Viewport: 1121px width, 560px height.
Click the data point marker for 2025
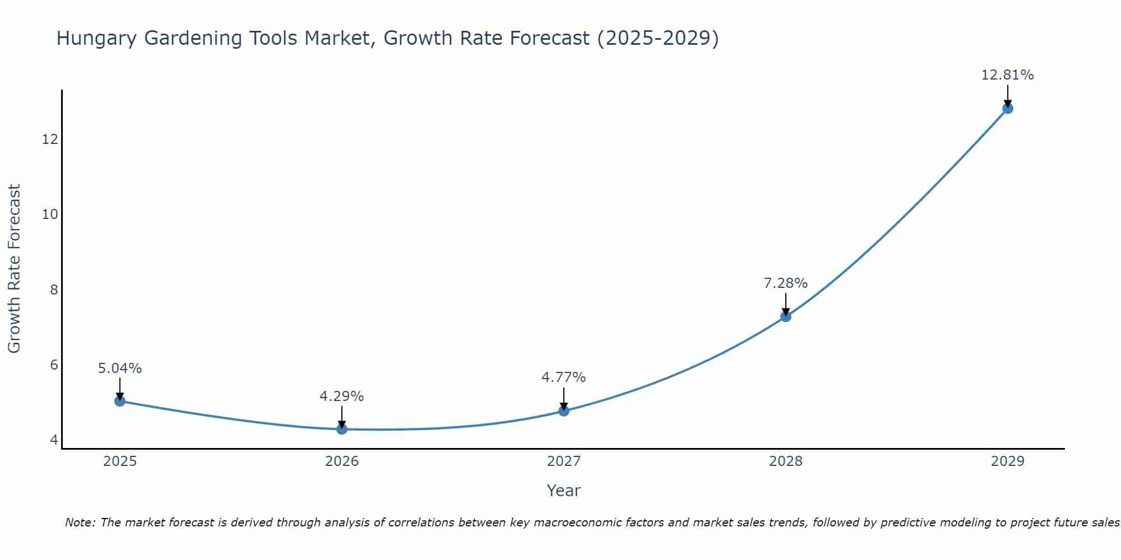click(119, 401)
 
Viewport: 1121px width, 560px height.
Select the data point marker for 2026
click(342, 429)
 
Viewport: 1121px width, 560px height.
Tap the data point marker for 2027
click(564, 411)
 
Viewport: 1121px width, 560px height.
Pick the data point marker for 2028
click(786, 316)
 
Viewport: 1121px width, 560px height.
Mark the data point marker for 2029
click(1008, 108)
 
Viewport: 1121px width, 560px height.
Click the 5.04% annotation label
click(120, 368)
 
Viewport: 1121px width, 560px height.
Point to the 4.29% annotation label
click(342, 396)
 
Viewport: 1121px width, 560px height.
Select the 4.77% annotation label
click(564, 377)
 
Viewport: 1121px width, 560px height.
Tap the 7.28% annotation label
click(786, 283)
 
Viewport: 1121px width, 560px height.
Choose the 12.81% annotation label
click(1008, 75)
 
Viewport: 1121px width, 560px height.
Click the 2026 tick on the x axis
click(342, 461)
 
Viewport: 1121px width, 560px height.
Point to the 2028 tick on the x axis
click(786, 461)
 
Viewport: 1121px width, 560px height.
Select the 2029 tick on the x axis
click(1008, 461)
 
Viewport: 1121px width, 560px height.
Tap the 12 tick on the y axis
click(50, 139)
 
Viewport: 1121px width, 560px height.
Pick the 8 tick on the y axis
click(54, 290)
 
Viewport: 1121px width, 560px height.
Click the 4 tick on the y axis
click(54, 440)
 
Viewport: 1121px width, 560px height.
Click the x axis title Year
click(564, 491)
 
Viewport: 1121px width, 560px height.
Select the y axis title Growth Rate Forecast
click(15, 269)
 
